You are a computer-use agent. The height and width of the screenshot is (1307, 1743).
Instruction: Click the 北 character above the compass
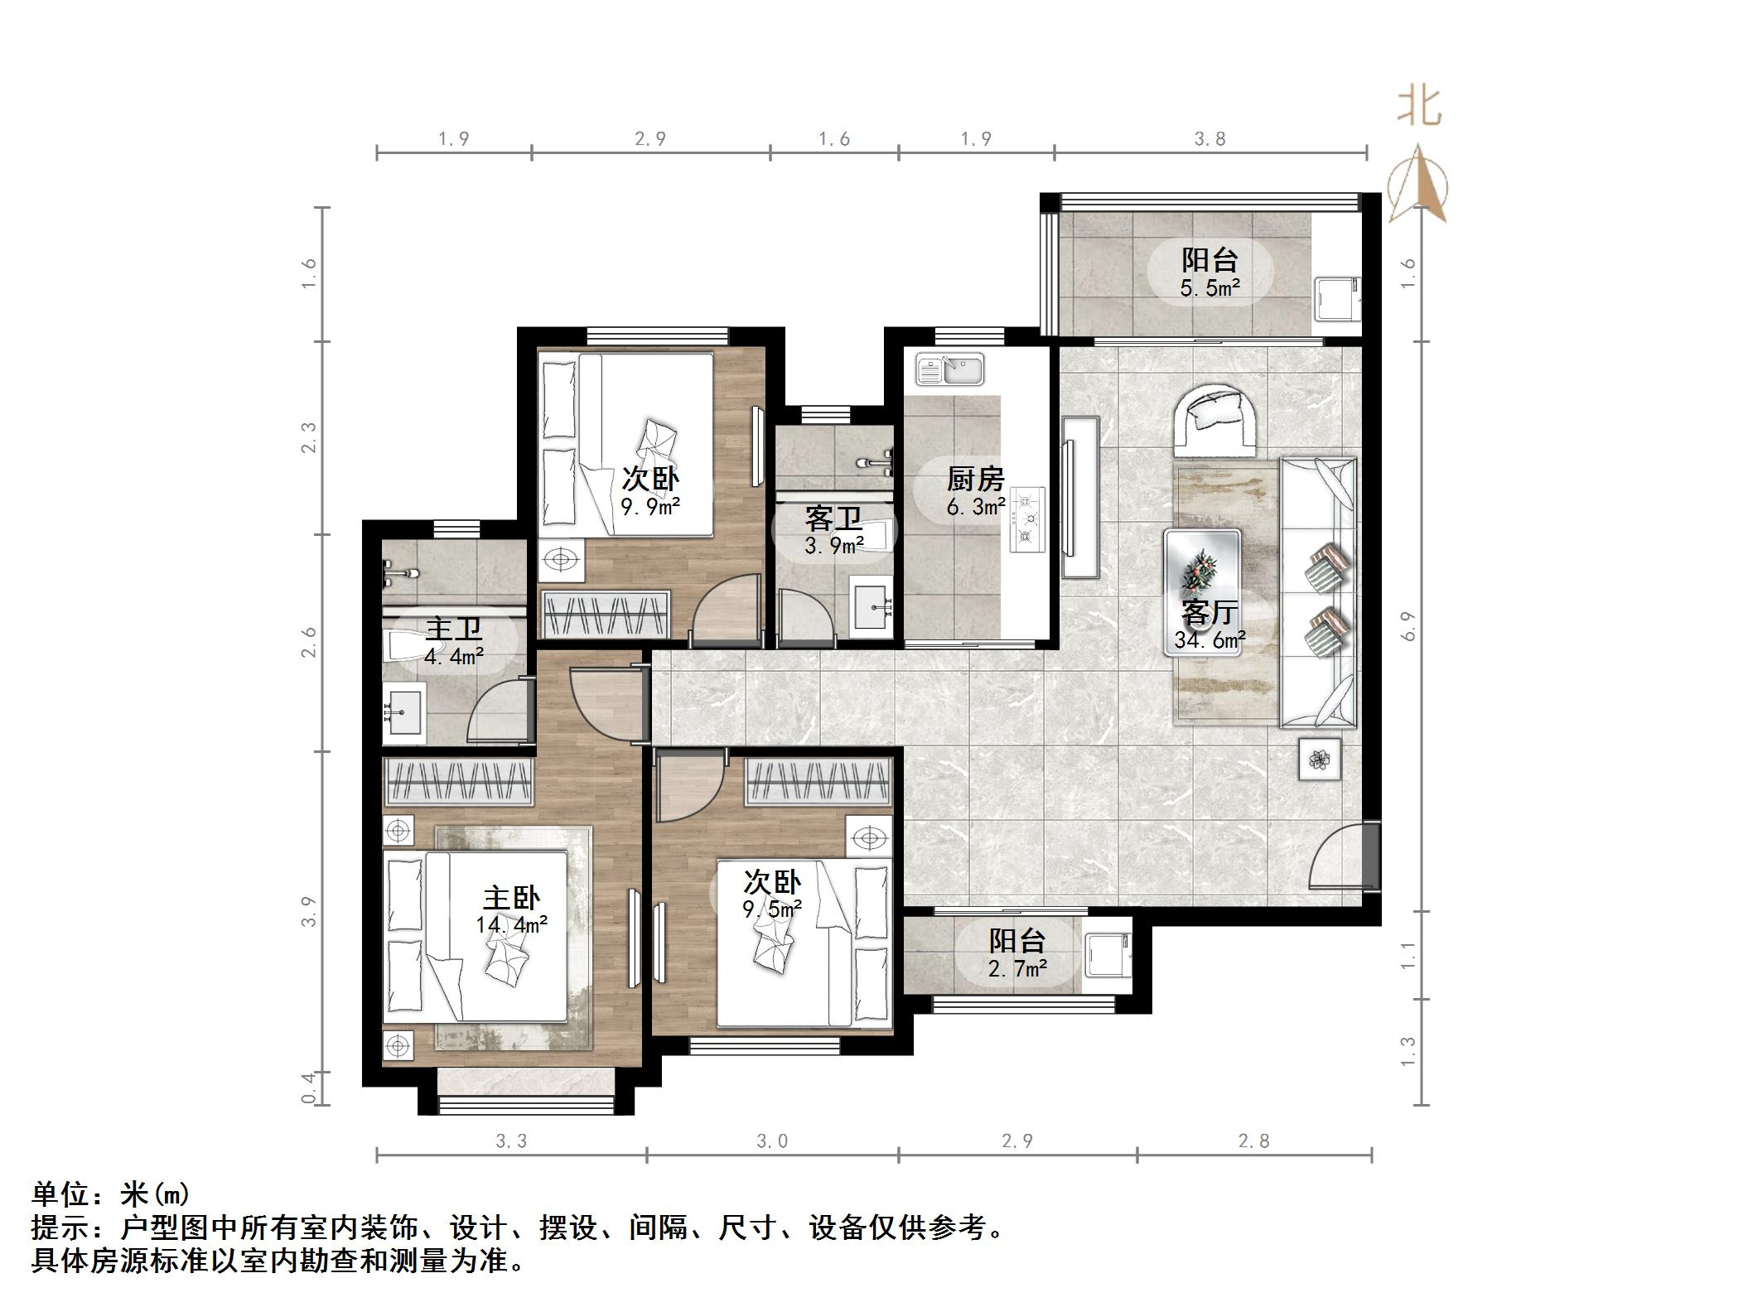1419,109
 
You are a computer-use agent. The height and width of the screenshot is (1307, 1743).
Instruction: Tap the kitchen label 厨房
975,479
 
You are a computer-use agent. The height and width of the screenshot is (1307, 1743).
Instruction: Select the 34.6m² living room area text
1209,639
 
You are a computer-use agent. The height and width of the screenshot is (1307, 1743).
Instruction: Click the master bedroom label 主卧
511,898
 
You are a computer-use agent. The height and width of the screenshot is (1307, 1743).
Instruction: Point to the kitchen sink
950,369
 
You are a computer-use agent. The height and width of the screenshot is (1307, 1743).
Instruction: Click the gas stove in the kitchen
1027,519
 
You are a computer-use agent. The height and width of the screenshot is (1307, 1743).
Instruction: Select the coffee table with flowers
1202,592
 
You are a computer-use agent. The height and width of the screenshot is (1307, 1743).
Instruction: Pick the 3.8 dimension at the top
1209,138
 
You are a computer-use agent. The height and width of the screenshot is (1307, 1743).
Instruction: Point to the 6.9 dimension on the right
1408,625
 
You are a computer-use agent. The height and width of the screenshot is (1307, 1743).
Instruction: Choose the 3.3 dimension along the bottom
511,1141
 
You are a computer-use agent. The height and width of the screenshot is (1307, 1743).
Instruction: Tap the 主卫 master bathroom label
453,629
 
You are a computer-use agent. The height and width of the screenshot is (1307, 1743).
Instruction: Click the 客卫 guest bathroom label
833,519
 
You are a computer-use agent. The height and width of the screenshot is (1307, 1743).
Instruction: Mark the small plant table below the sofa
1319,758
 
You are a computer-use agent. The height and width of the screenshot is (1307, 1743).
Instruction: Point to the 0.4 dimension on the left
308,1088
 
